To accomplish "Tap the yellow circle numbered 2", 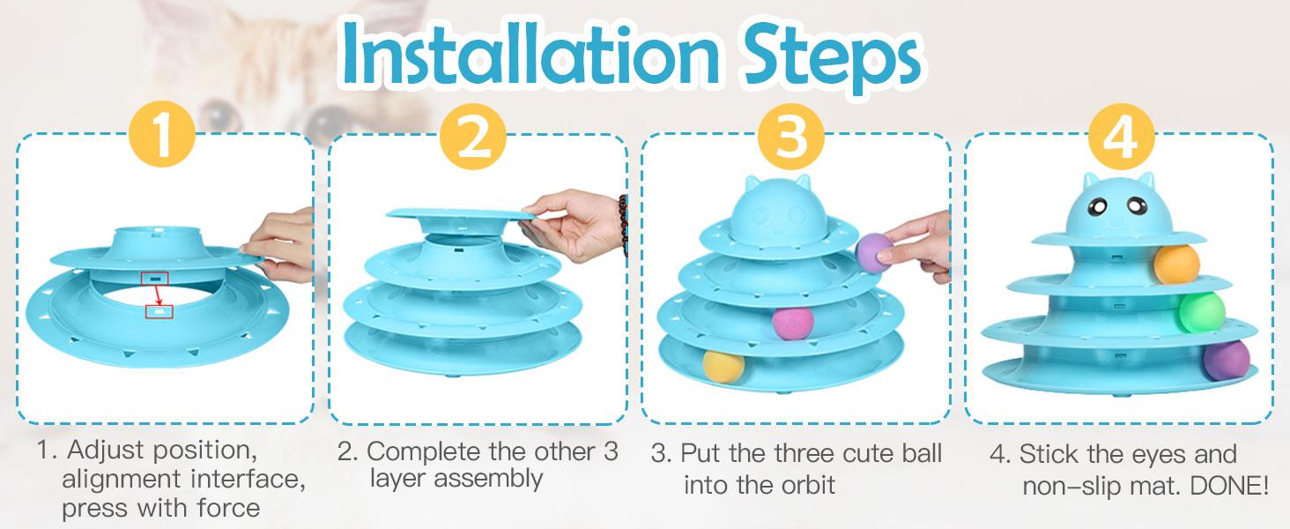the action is (x=473, y=137).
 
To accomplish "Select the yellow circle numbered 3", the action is (x=790, y=137).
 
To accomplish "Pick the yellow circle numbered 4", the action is (x=1122, y=137).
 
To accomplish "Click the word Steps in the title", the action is (x=831, y=57).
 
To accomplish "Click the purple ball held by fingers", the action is (x=873, y=252).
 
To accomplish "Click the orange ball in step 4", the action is (x=1176, y=264).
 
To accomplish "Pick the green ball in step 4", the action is (x=1201, y=313).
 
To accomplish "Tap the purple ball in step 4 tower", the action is (x=1226, y=360).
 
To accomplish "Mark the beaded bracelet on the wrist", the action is (x=623, y=225).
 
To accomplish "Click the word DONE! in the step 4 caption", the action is (x=1229, y=487).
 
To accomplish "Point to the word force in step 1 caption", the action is (x=228, y=508).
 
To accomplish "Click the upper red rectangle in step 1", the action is (x=155, y=279).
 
